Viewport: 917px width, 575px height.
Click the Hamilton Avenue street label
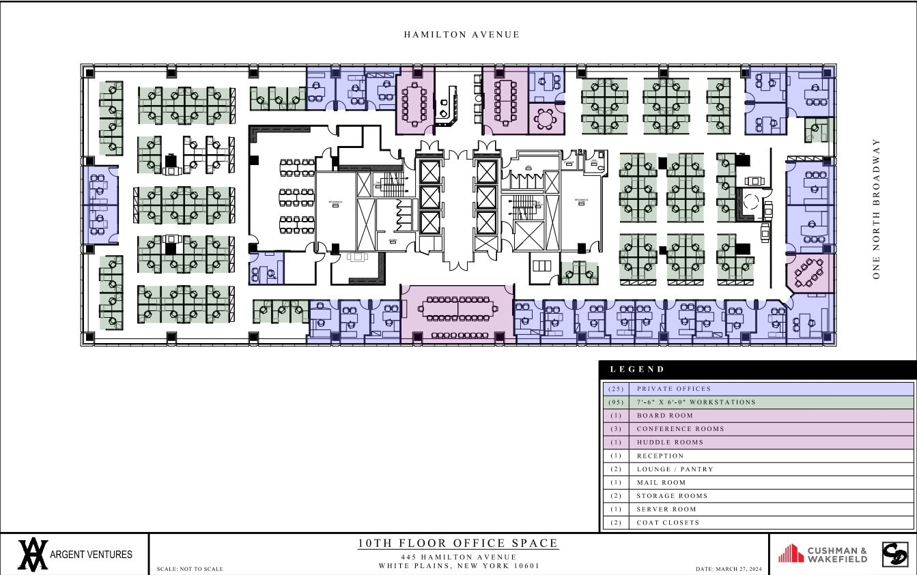pyautogui.click(x=461, y=35)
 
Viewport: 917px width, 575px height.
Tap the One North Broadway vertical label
pyautogui.click(x=876, y=208)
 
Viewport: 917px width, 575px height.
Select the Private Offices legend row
pyautogui.click(x=673, y=389)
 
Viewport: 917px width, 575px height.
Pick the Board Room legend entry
pyautogui.click(x=664, y=415)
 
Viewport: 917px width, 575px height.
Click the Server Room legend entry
pyautogui.click(x=666, y=510)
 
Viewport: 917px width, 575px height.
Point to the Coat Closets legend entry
pyautogui.click(x=668, y=522)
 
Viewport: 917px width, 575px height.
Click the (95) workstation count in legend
pyautogui.click(x=615, y=402)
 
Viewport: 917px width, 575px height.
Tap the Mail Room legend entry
pyautogui.click(x=661, y=482)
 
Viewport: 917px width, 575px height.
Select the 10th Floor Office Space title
pyautogui.click(x=458, y=544)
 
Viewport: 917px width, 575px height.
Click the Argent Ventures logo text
pyautogui.click(x=91, y=555)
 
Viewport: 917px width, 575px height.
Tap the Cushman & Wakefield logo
pyautogui.click(x=823, y=554)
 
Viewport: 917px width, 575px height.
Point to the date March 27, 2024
pyautogui.click(x=729, y=569)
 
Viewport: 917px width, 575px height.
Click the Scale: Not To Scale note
pyautogui.click(x=190, y=569)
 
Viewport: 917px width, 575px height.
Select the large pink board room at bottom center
pyautogui.click(x=457, y=312)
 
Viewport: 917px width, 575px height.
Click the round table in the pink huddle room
pyautogui.click(x=546, y=119)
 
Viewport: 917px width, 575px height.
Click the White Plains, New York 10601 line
pyautogui.click(x=459, y=565)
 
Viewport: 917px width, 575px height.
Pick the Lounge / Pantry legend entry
pyautogui.click(x=675, y=469)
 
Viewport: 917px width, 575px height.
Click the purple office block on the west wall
pyautogui.click(x=100, y=205)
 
